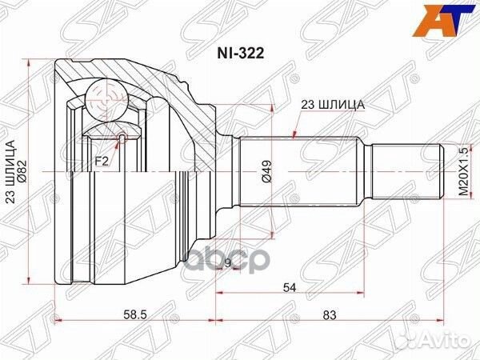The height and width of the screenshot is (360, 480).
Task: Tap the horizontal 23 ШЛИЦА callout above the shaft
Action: tap(333, 104)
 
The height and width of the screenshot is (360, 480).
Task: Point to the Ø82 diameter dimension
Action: tap(25, 168)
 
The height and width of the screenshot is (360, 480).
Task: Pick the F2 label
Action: tap(102, 161)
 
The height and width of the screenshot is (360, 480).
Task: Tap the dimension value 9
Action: tap(228, 262)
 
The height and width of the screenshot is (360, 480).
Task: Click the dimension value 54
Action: tap(290, 286)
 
